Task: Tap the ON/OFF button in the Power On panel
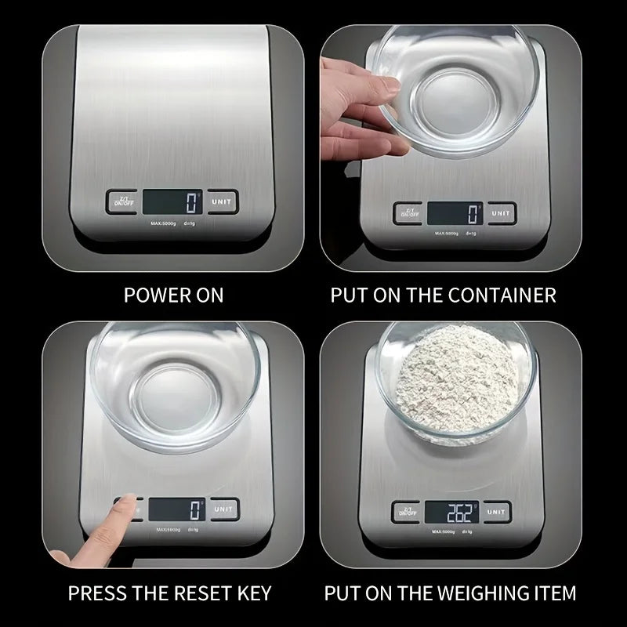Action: [121, 201]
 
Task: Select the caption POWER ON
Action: [173, 295]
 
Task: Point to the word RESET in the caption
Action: [169, 592]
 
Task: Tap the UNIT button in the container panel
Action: [501, 213]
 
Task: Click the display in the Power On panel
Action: [172, 201]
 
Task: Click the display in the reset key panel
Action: [177, 510]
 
